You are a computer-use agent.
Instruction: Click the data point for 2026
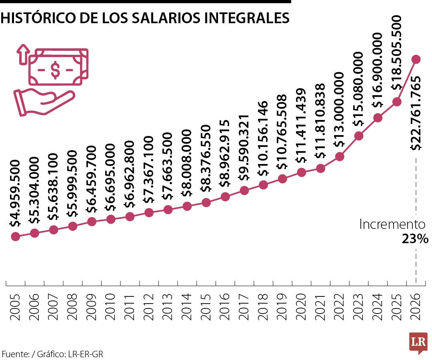[416, 60]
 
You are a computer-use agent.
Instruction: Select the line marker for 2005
[15, 236]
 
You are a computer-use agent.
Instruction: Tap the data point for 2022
[340, 156]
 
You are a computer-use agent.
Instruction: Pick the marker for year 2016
[225, 196]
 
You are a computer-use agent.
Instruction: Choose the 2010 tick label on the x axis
[111, 307]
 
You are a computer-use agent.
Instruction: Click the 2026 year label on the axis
[416, 307]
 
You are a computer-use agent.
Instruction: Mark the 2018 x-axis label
[263, 307]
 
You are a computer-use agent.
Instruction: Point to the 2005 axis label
[15, 307]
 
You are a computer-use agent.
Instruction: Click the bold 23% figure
[415, 239]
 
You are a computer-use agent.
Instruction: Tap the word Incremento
[392, 224]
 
